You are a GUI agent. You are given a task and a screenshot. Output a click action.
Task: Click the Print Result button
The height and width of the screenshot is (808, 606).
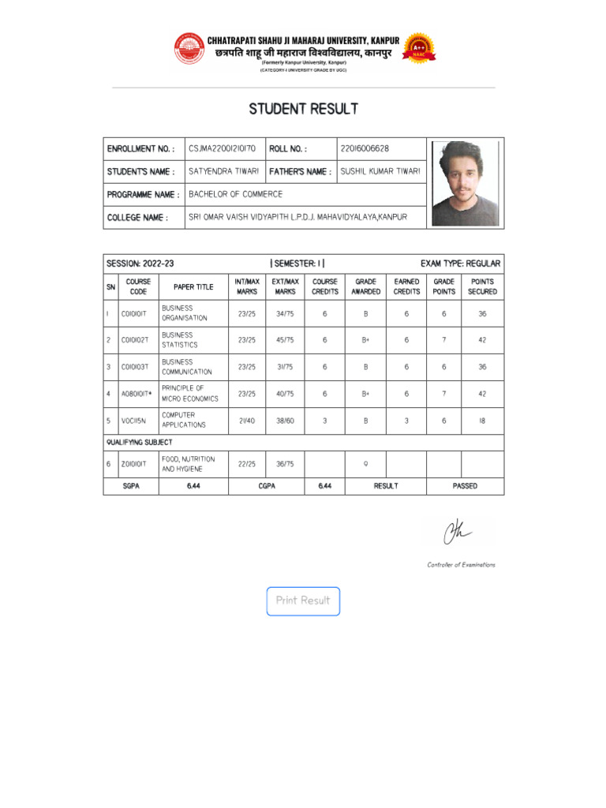tap(303, 601)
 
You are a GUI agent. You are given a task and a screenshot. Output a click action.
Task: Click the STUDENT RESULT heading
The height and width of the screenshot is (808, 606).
tap(303, 109)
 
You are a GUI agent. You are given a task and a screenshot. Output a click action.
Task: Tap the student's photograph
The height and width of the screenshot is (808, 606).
tap(465, 184)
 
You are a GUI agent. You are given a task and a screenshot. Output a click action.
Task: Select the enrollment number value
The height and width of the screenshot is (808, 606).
tap(222, 148)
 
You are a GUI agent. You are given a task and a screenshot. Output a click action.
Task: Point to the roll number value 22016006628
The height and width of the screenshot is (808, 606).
tap(365, 148)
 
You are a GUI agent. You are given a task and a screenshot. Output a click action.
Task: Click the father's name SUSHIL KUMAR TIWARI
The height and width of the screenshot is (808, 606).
tap(380, 171)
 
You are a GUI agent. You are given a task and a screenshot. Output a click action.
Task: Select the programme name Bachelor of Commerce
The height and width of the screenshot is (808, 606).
tap(235, 194)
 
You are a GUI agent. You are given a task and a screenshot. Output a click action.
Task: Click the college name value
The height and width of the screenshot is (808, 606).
tap(297, 217)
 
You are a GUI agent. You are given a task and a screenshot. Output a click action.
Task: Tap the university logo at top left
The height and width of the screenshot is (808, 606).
tap(189, 48)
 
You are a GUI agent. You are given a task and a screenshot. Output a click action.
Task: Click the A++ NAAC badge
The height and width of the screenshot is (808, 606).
tap(417, 48)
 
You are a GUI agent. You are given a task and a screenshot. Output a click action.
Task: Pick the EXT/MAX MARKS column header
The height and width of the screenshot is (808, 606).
tap(285, 286)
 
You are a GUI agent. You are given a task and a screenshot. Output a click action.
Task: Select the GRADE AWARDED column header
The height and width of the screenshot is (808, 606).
tap(365, 286)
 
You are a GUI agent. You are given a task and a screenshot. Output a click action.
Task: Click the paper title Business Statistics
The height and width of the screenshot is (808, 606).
tap(180, 340)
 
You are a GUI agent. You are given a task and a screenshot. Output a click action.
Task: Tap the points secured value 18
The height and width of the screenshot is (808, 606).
tap(482, 421)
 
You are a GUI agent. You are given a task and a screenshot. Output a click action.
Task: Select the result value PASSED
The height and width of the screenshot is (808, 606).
tap(465, 486)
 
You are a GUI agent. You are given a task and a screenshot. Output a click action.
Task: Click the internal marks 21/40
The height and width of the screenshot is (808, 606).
tap(246, 421)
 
